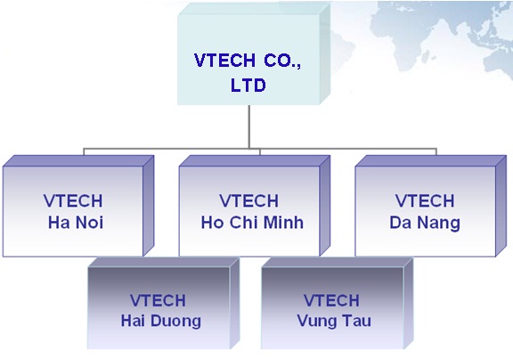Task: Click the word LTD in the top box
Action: [x=248, y=85]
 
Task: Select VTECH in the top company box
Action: [x=224, y=61]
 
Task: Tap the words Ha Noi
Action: [x=76, y=223]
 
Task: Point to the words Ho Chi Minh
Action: [x=252, y=223]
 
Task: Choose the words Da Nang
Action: [x=425, y=223]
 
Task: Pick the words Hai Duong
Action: [x=161, y=321]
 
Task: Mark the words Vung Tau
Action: [x=334, y=321]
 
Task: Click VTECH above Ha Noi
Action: [x=73, y=200]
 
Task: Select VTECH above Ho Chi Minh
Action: [x=249, y=200]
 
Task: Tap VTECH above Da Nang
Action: [x=425, y=200]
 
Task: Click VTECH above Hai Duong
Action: [x=158, y=300]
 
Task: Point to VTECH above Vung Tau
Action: [x=331, y=300]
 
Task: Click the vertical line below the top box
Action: [x=249, y=127]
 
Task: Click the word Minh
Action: [x=283, y=223]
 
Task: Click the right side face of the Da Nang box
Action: [x=501, y=206]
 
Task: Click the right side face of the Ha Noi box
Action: [x=149, y=206]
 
